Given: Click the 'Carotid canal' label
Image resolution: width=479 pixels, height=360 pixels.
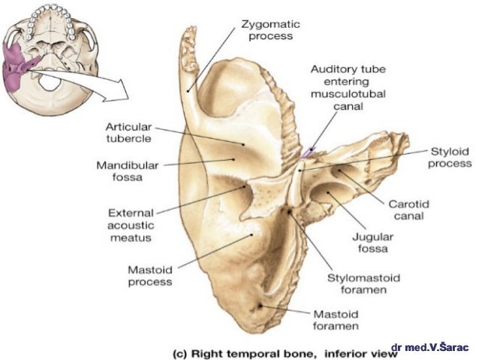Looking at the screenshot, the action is [x=407, y=210].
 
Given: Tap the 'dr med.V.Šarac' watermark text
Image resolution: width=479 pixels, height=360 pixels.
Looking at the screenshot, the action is [x=431, y=347].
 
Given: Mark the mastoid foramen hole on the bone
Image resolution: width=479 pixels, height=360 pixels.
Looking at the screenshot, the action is [x=260, y=306].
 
